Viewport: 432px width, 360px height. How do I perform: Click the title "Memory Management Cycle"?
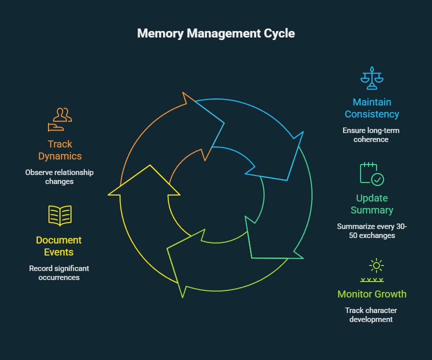click(216, 33)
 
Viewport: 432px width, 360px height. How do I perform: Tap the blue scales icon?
click(372, 78)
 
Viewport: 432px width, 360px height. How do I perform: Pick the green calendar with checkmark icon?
click(372, 173)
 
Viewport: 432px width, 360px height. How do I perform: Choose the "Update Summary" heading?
click(372, 204)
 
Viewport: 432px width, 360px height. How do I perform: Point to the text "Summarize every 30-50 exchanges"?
click(372, 230)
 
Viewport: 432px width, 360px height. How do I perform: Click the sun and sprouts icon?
click(372, 270)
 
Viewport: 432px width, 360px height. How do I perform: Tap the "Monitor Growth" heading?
click(372, 294)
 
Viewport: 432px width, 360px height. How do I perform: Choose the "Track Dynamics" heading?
click(60, 150)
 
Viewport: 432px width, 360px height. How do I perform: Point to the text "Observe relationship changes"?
click(60, 177)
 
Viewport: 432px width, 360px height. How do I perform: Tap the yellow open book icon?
click(60, 215)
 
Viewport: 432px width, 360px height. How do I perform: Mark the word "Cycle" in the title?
click(280, 33)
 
